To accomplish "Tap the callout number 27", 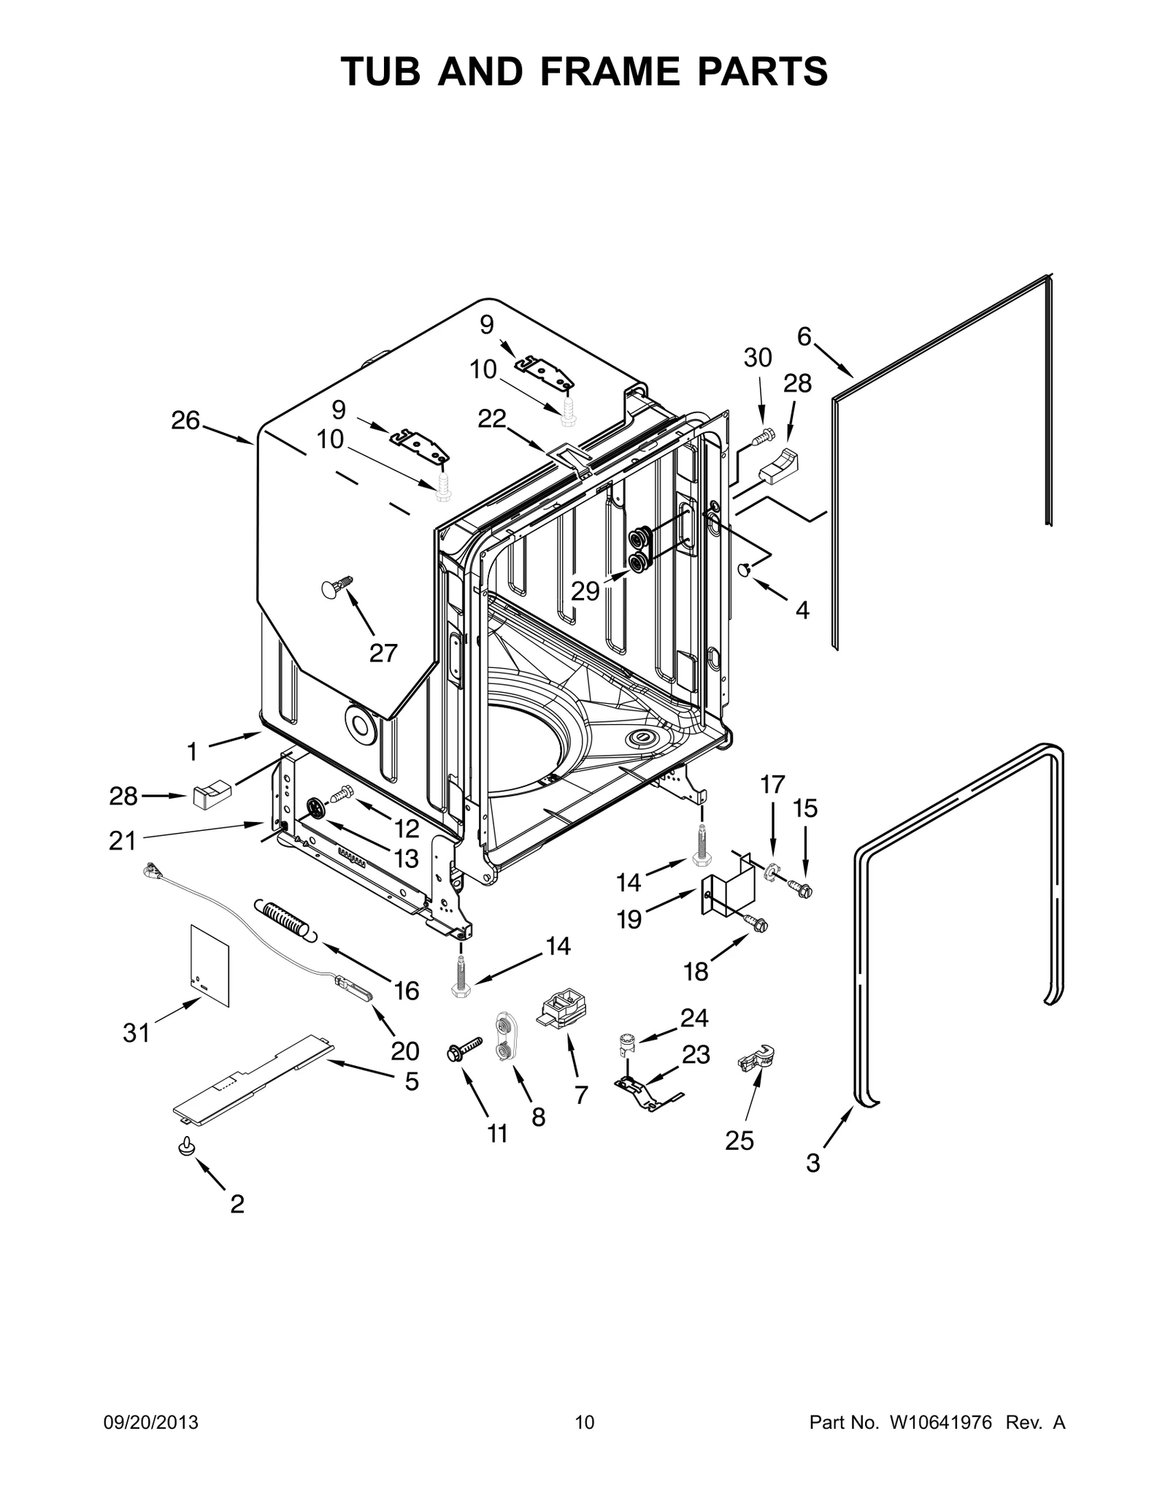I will point(383,652).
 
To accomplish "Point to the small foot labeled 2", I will point(185,1147).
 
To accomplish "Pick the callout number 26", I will point(185,421).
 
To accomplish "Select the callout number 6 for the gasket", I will point(804,337).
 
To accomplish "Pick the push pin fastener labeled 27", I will point(337,586).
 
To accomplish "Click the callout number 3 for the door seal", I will point(813,1162).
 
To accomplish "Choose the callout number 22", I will point(492,418).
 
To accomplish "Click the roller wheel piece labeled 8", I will point(504,1036).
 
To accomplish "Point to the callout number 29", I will point(585,591).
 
